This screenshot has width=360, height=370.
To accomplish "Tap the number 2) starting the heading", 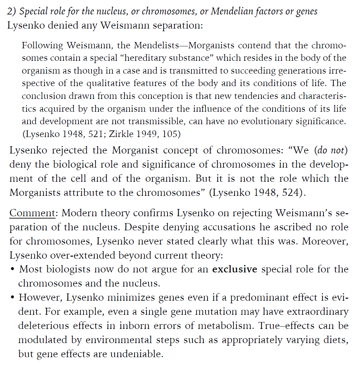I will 11,11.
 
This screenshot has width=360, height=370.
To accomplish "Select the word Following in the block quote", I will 42,45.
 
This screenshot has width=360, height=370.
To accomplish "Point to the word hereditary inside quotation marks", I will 145,58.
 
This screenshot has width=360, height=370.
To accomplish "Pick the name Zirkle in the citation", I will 120,134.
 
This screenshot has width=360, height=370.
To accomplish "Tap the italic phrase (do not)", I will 331,150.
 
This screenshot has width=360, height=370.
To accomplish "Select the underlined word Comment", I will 32,213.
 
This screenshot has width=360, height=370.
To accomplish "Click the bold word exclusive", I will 235,269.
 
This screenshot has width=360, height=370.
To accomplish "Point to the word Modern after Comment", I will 79,213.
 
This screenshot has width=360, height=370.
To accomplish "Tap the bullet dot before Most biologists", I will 12,269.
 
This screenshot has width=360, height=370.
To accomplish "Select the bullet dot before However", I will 12,298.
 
